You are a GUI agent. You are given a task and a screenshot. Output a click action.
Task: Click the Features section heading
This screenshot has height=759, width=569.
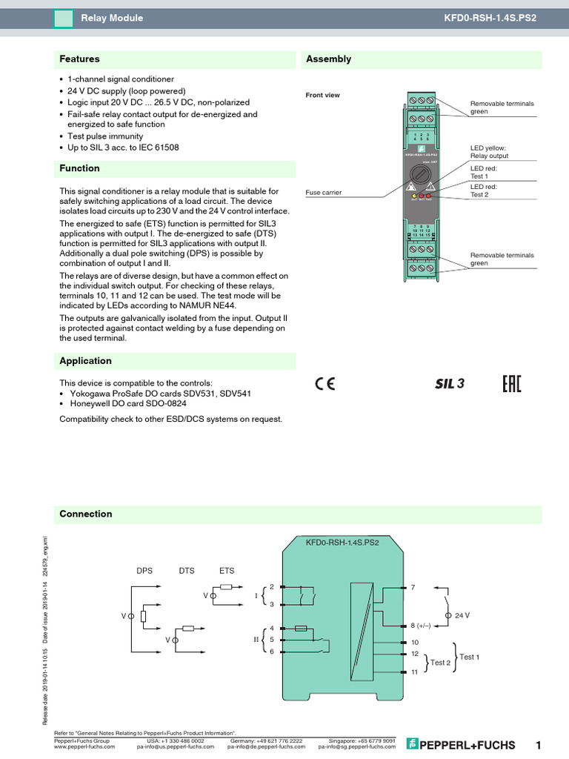(x=79, y=59)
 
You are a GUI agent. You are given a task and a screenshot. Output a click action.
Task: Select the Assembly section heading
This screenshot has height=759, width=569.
(x=328, y=59)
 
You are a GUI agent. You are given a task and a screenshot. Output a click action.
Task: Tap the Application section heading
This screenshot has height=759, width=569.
(x=85, y=361)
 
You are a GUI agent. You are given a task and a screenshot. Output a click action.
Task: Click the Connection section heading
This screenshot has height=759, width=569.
(x=86, y=514)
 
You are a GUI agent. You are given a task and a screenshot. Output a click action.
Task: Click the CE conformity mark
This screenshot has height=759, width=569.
(x=325, y=384)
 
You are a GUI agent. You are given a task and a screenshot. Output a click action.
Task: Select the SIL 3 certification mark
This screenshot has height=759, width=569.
(x=449, y=384)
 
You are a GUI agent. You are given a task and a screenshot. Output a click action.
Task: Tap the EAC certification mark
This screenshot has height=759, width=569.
(x=512, y=384)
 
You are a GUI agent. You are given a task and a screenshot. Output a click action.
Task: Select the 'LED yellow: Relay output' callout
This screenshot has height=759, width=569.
(x=489, y=152)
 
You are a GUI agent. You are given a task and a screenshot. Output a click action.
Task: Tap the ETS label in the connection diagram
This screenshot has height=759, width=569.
(x=227, y=571)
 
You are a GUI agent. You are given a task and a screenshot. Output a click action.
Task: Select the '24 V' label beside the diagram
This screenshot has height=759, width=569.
(x=462, y=616)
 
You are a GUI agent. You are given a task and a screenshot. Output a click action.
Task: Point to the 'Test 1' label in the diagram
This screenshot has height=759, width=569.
(x=469, y=657)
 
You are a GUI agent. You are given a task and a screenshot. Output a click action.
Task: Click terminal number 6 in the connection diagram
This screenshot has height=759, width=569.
(x=273, y=652)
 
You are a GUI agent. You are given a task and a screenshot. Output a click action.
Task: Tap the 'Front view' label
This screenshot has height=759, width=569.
(x=322, y=95)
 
